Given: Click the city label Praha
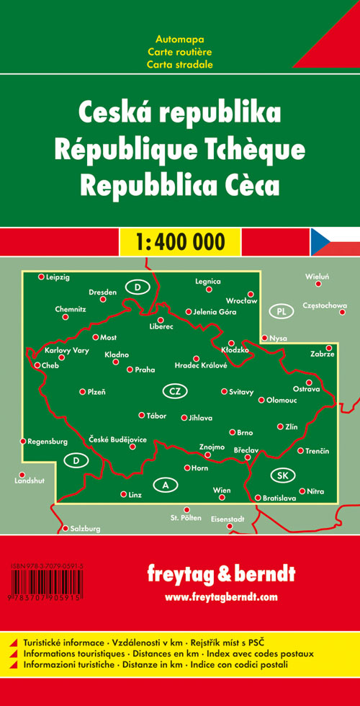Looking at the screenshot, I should click(145, 370).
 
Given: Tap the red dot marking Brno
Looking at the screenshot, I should click(232, 432).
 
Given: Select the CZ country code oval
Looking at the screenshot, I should click(174, 391).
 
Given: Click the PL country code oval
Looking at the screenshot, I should click(282, 312).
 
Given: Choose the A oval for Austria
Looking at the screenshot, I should click(166, 486).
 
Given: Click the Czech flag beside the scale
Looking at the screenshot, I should click(336, 241).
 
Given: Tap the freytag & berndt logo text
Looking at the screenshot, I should click(220, 575).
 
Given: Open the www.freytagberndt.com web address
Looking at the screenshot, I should click(220, 596).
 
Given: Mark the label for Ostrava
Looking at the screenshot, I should click(306, 390).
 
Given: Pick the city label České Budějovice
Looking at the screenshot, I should click(118, 439).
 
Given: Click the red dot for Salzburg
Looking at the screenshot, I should click(65, 528).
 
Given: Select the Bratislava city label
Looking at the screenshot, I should click(279, 498).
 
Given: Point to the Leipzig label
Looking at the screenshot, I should click(58, 276).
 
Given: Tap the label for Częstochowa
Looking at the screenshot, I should click(325, 305).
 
